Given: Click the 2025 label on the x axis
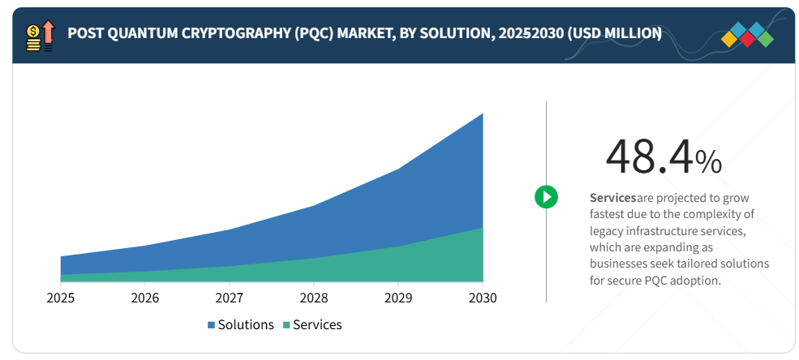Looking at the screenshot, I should click(61, 298).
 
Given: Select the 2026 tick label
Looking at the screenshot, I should click(145, 298).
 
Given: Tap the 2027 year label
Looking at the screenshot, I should click(230, 298).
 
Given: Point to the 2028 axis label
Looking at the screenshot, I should click(314, 298).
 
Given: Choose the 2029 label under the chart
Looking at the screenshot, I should click(398, 298).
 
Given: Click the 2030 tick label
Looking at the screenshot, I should click(483, 298).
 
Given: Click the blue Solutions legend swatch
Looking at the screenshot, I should click(212, 325).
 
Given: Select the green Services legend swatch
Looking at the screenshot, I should click(286, 325).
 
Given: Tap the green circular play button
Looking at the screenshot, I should click(546, 196).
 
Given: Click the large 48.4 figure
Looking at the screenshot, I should click(650, 157).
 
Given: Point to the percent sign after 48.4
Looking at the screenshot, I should click(708, 162).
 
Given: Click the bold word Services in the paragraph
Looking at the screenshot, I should click(613, 197).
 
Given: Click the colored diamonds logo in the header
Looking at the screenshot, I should click(747, 35).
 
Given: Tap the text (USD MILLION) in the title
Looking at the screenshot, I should click(615, 33).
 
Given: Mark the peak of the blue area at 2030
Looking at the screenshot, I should click(483, 114).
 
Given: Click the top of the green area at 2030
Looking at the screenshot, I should click(483, 228).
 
